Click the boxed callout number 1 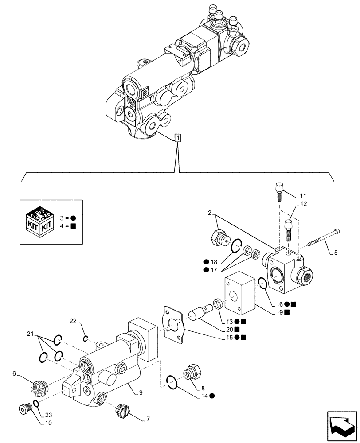pos(177,138)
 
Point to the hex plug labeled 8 pos(193,371)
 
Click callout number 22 pos(74,320)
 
